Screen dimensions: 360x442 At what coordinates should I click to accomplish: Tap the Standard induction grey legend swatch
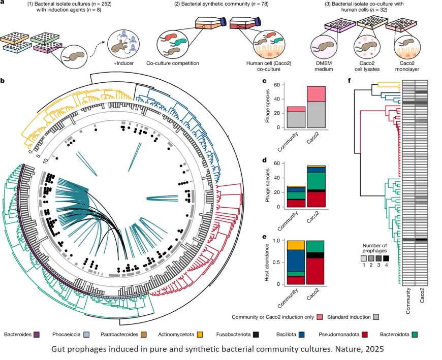coord(376,317)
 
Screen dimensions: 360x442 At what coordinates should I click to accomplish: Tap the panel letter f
coord(349,81)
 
